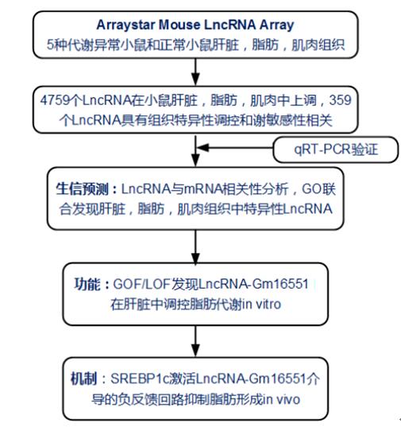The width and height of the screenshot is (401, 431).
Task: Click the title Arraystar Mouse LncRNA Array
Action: (x=195, y=25)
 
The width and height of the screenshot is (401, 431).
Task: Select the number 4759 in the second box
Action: (x=55, y=100)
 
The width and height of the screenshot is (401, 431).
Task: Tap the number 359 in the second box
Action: (x=341, y=100)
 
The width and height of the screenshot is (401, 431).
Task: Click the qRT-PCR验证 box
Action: (x=335, y=149)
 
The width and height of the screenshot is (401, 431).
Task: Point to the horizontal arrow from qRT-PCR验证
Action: (x=235, y=148)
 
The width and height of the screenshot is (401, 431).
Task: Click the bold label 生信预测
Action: (x=82, y=189)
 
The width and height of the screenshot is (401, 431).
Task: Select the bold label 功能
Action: (x=87, y=284)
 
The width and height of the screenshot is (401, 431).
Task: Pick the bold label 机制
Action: (x=83, y=379)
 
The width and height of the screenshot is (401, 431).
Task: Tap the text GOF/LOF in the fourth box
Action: (x=141, y=284)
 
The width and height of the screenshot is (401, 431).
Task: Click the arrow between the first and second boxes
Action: (x=195, y=72)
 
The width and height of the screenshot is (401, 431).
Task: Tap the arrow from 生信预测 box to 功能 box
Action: (x=195, y=247)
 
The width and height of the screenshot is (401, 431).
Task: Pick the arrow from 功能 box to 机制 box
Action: (x=195, y=341)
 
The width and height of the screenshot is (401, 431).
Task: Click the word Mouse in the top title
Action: (x=179, y=25)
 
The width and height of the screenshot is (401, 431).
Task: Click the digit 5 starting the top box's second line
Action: (x=50, y=45)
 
